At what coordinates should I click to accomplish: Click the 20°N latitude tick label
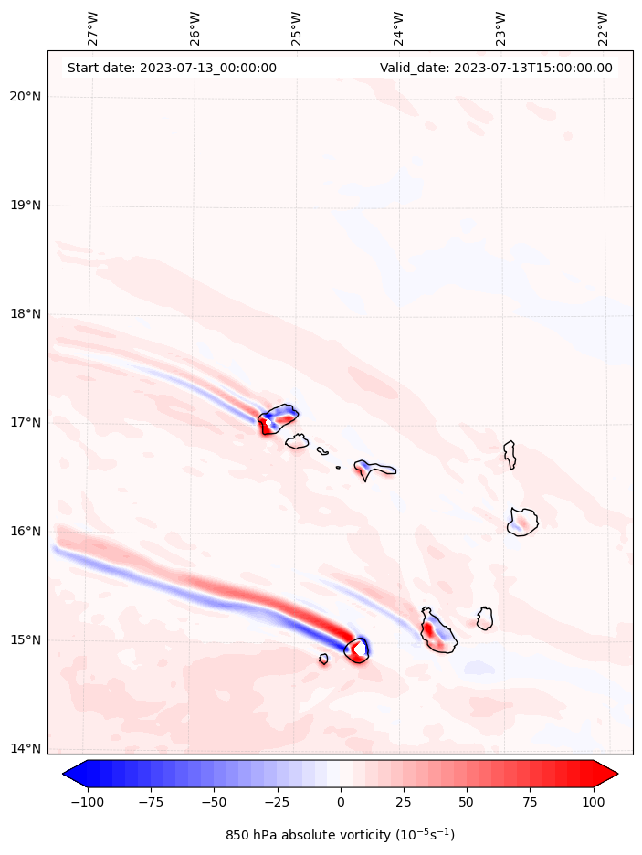coord(24,97)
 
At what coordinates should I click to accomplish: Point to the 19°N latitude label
coord(24,206)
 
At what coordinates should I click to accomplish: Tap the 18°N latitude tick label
coord(24,314)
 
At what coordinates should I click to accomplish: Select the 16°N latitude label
coord(24,532)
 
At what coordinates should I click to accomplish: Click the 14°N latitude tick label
coord(24,749)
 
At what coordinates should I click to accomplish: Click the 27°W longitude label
coord(93,28)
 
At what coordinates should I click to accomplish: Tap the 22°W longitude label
coord(604,28)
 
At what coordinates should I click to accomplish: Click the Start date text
coord(172,68)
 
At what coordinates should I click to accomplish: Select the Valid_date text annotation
coord(496,68)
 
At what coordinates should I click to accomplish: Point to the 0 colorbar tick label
coord(341,802)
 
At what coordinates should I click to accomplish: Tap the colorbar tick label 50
coord(467,802)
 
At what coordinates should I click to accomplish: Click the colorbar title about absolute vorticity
coord(340,835)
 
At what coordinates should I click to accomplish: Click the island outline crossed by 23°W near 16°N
coord(522,522)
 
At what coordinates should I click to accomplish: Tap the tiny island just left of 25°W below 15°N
coord(323,659)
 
